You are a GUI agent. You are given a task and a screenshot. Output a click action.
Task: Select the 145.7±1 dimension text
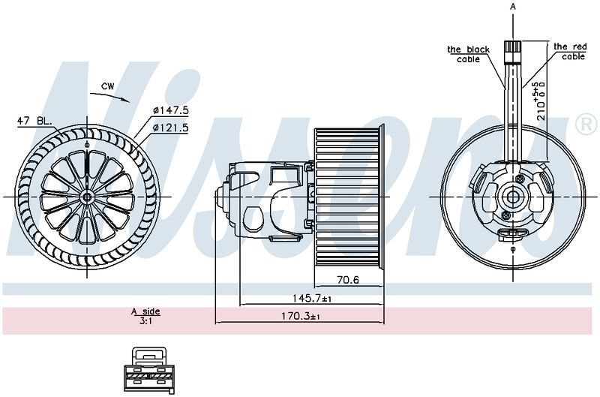[x=306, y=299]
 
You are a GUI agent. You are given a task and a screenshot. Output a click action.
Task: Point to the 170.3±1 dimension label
[x=299, y=317]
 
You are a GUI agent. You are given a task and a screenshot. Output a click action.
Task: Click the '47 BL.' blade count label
[x=35, y=121]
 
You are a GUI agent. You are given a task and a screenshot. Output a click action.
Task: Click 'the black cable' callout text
[x=468, y=54]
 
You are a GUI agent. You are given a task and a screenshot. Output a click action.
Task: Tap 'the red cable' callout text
[x=570, y=51]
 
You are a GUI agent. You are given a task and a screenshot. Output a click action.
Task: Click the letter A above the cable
[x=513, y=6]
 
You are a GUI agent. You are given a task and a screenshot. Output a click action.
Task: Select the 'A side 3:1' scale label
[x=145, y=315]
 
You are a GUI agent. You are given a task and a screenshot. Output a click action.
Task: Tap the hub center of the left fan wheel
[x=87, y=197]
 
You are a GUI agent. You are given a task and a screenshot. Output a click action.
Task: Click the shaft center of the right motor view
[x=513, y=197]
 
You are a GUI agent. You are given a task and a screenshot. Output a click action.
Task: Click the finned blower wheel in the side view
[x=349, y=197]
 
